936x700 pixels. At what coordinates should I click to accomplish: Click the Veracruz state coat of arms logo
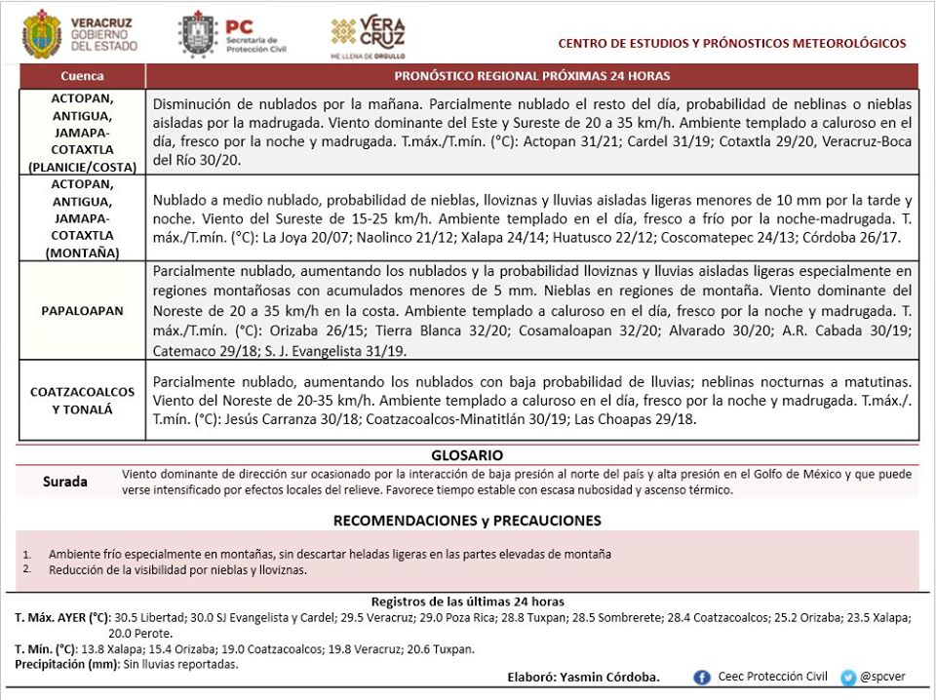[41, 35]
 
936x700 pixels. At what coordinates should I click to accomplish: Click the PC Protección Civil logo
[202, 35]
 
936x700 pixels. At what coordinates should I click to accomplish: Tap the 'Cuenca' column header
[82, 75]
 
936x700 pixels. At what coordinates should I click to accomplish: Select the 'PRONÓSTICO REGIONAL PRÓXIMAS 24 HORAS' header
[531, 75]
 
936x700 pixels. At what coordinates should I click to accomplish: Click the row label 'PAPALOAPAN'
[82, 310]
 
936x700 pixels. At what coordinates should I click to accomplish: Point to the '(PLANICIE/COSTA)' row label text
[82, 167]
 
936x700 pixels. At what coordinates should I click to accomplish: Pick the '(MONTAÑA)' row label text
[82, 253]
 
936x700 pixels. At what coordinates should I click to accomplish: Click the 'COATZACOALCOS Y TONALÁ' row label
[82, 400]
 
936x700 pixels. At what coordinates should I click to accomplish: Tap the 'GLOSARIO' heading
[467, 454]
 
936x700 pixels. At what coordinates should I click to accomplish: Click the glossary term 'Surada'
[65, 482]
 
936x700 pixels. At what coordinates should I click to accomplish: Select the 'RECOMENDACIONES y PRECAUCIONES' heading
[467, 521]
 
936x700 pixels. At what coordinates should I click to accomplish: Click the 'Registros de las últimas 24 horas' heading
[467, 602]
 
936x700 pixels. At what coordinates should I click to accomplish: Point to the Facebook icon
[702, 677]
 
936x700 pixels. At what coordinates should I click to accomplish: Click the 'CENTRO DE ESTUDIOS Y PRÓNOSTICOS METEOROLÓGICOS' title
[731, 43]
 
